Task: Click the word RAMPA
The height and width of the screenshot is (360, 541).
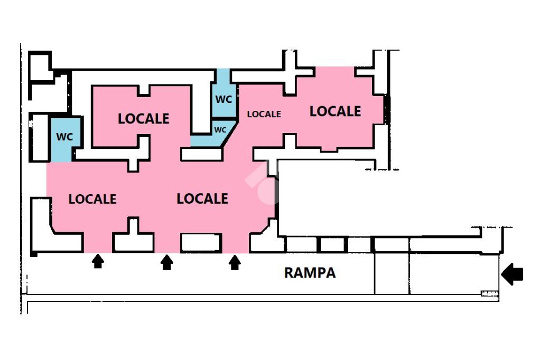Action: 310,273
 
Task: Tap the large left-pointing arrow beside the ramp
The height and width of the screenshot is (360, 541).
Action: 512,274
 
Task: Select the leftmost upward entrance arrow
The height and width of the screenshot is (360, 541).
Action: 98,261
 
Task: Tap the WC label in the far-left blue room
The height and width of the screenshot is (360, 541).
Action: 64,137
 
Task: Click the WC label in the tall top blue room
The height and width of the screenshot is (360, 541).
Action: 224,99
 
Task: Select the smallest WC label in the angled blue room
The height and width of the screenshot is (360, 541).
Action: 220,130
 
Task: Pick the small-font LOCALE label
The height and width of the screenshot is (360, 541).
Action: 264,114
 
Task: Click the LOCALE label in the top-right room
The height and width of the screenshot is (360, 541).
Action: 335,111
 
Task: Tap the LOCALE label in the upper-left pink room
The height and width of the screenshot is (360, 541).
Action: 144,119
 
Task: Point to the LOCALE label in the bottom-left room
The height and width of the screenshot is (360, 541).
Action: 92,199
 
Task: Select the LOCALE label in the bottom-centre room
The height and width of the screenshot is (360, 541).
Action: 202,198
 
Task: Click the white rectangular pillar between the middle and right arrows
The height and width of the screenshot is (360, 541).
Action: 201,242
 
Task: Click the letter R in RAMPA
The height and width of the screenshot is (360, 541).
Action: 289,273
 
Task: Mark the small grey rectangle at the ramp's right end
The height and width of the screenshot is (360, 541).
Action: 489,293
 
